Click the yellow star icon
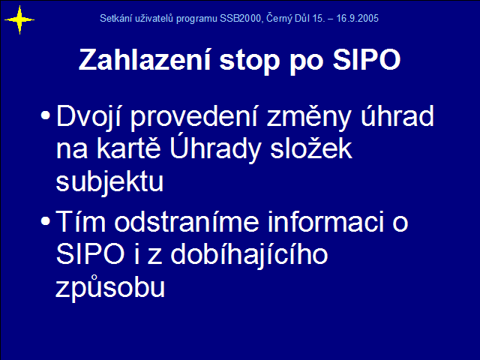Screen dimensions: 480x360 (x=19, y=20)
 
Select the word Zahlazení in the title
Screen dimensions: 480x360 (x=145, y=59)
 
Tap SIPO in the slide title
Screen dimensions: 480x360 (x=367, y=59)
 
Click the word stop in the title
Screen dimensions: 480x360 (x=250, y=61)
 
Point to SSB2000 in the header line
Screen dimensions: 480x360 (x=240, y=18)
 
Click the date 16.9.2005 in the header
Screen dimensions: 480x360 (x=357, y=18)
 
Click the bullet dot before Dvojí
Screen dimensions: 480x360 (x=45, y=115)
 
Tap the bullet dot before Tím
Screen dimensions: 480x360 (x=45, y=221)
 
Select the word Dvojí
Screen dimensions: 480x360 (x=89, y=117)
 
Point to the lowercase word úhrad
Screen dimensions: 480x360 (x=397, y=115)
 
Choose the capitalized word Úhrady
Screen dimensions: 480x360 (x=215, y=148)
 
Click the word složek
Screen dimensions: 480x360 (x=311, y=148)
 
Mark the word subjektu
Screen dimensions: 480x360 (x=109, y=181)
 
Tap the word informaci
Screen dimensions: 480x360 (x=325, y=221)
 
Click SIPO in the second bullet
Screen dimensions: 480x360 (x=90, y=254)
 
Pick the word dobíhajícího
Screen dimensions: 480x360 (x=249, y=256)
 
